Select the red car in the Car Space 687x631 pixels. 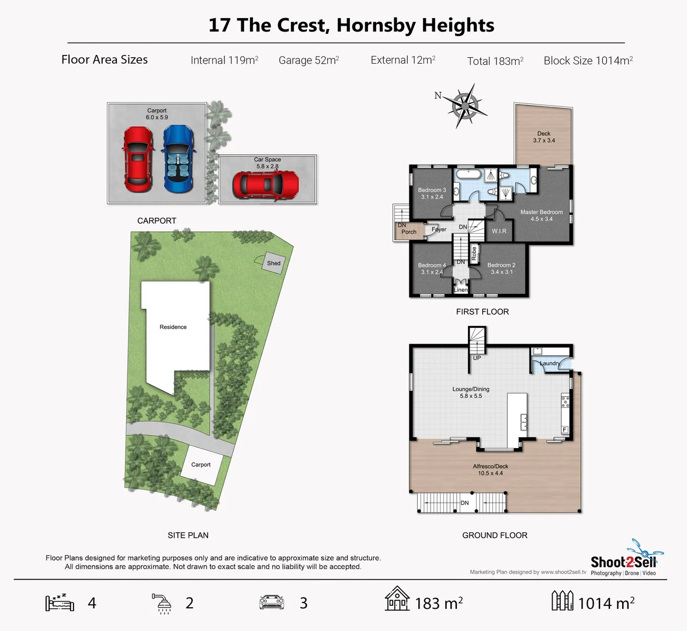click(266, 185)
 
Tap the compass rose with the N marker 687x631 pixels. click(465, 106)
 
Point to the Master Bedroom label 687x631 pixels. click(542, 212)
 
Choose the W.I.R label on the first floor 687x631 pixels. click(499, 231)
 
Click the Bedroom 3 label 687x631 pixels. click(432, 190)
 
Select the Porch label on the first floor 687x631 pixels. click(409, 232)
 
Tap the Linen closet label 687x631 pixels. click(461, 290)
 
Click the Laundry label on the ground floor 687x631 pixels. click(549, 363)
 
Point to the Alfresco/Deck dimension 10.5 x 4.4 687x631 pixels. click(490, 473)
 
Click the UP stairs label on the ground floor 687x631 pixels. click(477, 358)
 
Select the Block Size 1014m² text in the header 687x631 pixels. click(588, 60)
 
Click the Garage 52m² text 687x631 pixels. click(308, 60)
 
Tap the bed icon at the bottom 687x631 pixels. click(60, 602)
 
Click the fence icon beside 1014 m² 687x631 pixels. click(562, 601)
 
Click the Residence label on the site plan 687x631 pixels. click(173, 327)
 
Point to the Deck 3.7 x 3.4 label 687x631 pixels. click(544, 137)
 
